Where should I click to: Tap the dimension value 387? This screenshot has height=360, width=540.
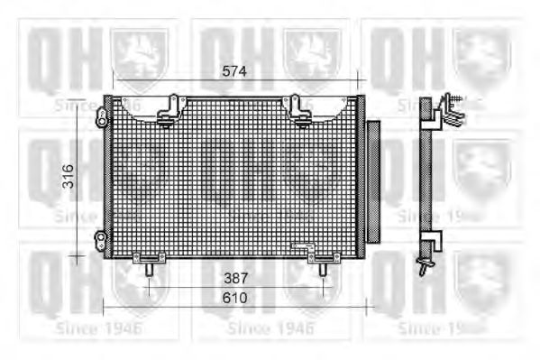point(235,278)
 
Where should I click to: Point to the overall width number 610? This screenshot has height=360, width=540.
point(235,297)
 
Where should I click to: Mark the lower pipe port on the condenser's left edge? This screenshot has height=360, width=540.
point(101,238)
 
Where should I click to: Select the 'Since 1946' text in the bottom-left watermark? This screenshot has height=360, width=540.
point(98,328)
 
